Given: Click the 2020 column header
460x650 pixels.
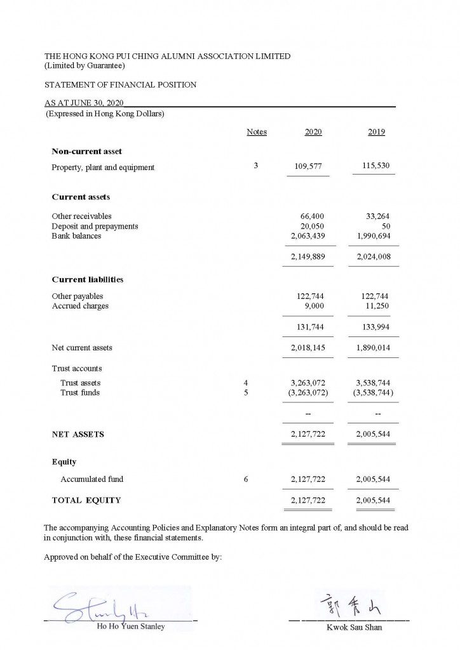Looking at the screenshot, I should click(x=313, y=132).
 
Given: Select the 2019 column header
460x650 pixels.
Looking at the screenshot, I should click(x=376, y=132).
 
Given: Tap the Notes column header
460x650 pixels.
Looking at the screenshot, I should click(x=257, y=132).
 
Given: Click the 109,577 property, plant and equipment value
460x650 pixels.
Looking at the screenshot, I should click(x=309, y=167).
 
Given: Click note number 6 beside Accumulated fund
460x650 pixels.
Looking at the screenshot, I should click(x=245, y=479).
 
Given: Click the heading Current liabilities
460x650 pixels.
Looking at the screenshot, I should click(x=88, y=279).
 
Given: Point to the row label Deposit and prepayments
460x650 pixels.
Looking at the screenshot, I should click(x=95, y=226).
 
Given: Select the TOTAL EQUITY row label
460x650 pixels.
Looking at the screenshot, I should click(x=86, y=500).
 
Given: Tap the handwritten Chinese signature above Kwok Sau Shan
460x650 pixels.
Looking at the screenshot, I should click(x=349, y=602).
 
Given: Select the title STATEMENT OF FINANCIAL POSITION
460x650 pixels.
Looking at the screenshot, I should click(x=120, y=84).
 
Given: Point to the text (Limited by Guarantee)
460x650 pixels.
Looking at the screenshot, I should click(x=85, y=65).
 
